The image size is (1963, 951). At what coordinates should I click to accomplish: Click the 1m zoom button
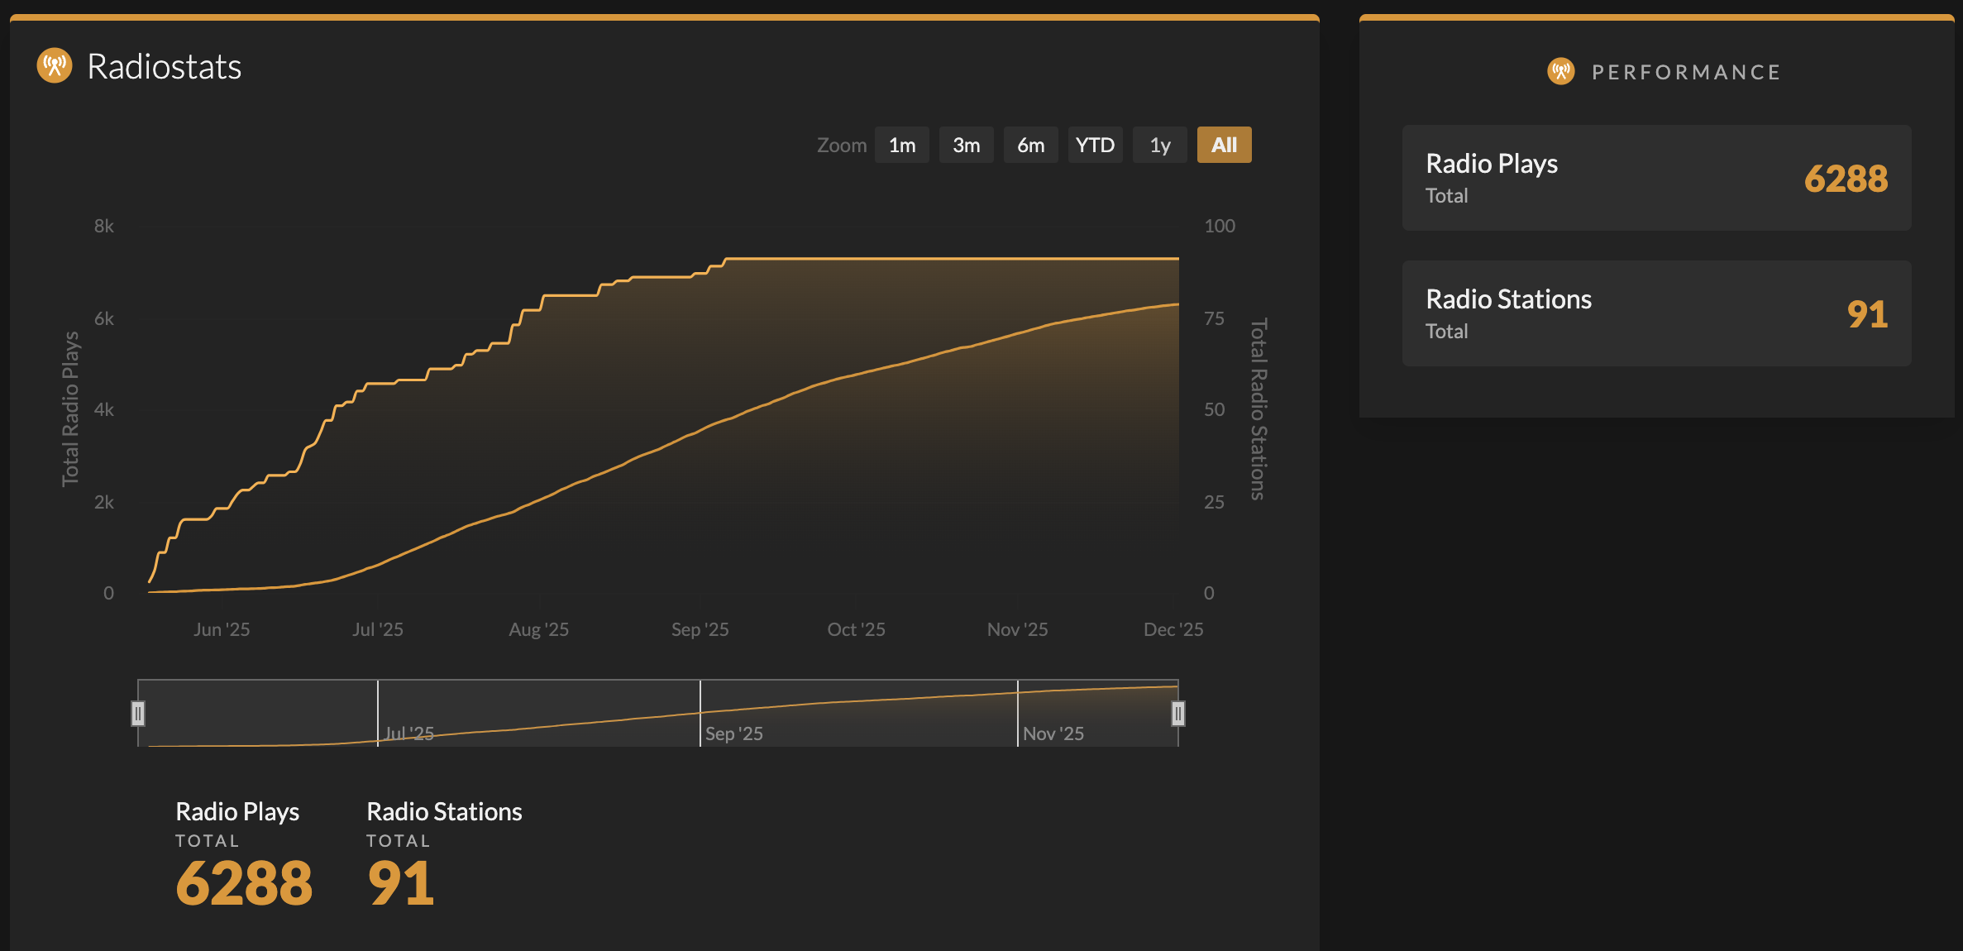click(901, 146)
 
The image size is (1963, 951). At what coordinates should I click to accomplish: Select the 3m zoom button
click(966, 146)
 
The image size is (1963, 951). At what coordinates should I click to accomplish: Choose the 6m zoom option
click(1030, 146)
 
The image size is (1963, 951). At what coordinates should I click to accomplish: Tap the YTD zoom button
click(1095, 146)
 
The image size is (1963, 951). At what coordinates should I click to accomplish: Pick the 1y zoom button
click(1159, 146)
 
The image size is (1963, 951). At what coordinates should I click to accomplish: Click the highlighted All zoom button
click(1224, 146)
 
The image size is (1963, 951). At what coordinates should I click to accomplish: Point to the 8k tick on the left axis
click(104, 226)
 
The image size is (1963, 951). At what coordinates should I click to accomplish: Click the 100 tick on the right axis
click(1219, 226)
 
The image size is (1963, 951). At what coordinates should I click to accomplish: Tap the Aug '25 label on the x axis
click(538, 629)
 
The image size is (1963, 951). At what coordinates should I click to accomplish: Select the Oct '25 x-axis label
click(856, 629)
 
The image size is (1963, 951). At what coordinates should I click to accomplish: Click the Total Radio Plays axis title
click(70, 409)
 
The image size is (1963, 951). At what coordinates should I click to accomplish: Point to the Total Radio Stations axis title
click(1258, 409)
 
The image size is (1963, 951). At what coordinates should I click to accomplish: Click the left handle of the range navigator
click(138, 713)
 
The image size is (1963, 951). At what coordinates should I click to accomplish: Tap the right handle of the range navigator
click(1178, 713)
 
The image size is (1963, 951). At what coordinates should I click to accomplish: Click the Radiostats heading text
click(164, 67)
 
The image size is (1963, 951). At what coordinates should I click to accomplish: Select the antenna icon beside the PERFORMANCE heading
click(1560, 71)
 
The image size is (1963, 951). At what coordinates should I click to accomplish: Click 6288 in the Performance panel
click(1846, 179)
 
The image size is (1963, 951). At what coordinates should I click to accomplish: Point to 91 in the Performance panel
click(1867, 314)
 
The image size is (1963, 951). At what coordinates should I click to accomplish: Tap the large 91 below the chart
click(401, 883)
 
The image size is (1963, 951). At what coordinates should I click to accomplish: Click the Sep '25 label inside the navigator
click(733, 734)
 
